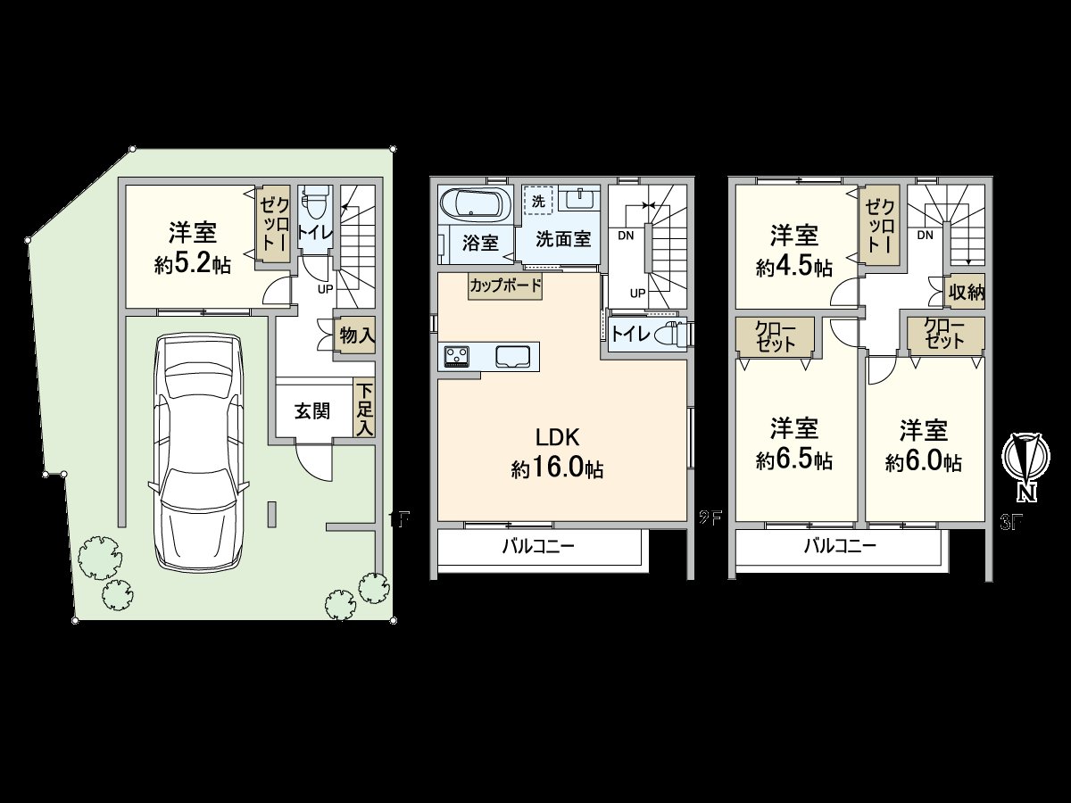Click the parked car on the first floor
pyautogui.click(x=198, y=451)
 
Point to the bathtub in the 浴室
pyautogui.click(x=475, y=204)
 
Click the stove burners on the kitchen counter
pyautogui.click(x=457, y=356)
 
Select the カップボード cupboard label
pyautogui.click(x=506, y=286)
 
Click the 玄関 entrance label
pyautogui.click(x=312, y=410)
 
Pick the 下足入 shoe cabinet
pyautogui.click(x=364, y=410)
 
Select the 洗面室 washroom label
pyautogui.click(x=563, y=239)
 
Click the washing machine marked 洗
pyautogui.click(x=538, y=201)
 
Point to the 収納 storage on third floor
pyautogui.click(x=965, y=292)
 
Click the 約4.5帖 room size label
pyautogui.click(x=794, y=267)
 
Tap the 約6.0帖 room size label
pyautogui.click(x=923, y=462)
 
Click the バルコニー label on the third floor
pyautogui.click(x=839, y=546)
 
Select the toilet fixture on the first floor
pyautogui.click(x=315, y=206)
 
